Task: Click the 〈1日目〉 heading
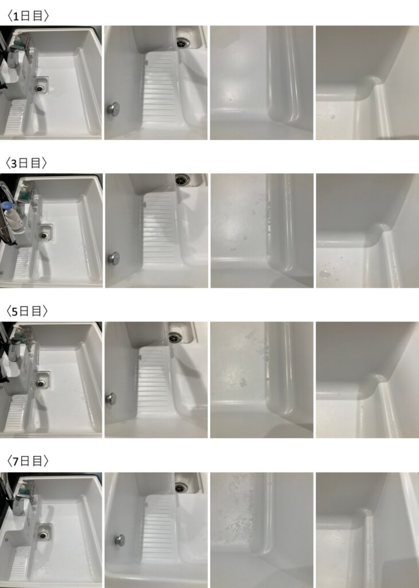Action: [28, 16]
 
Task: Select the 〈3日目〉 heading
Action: [26, 163]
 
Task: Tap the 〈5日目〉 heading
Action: [27, 311]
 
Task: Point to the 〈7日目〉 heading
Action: [28, 461]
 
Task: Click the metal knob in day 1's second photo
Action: [113, 109]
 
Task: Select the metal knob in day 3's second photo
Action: [114, 258]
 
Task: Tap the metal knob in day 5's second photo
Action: [111, 399]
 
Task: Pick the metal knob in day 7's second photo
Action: [120, 540]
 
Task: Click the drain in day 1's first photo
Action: [40, 88]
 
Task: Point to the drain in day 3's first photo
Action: [44, 235]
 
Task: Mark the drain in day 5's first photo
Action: [41, 383]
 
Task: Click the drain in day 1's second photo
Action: [183, 43]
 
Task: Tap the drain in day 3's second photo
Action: [183, 180]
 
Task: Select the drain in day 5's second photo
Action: [175, 338]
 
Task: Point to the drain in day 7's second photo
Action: [181, 488]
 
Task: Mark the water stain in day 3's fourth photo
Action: [325, 274]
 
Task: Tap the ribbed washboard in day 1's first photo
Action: [15, 117]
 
